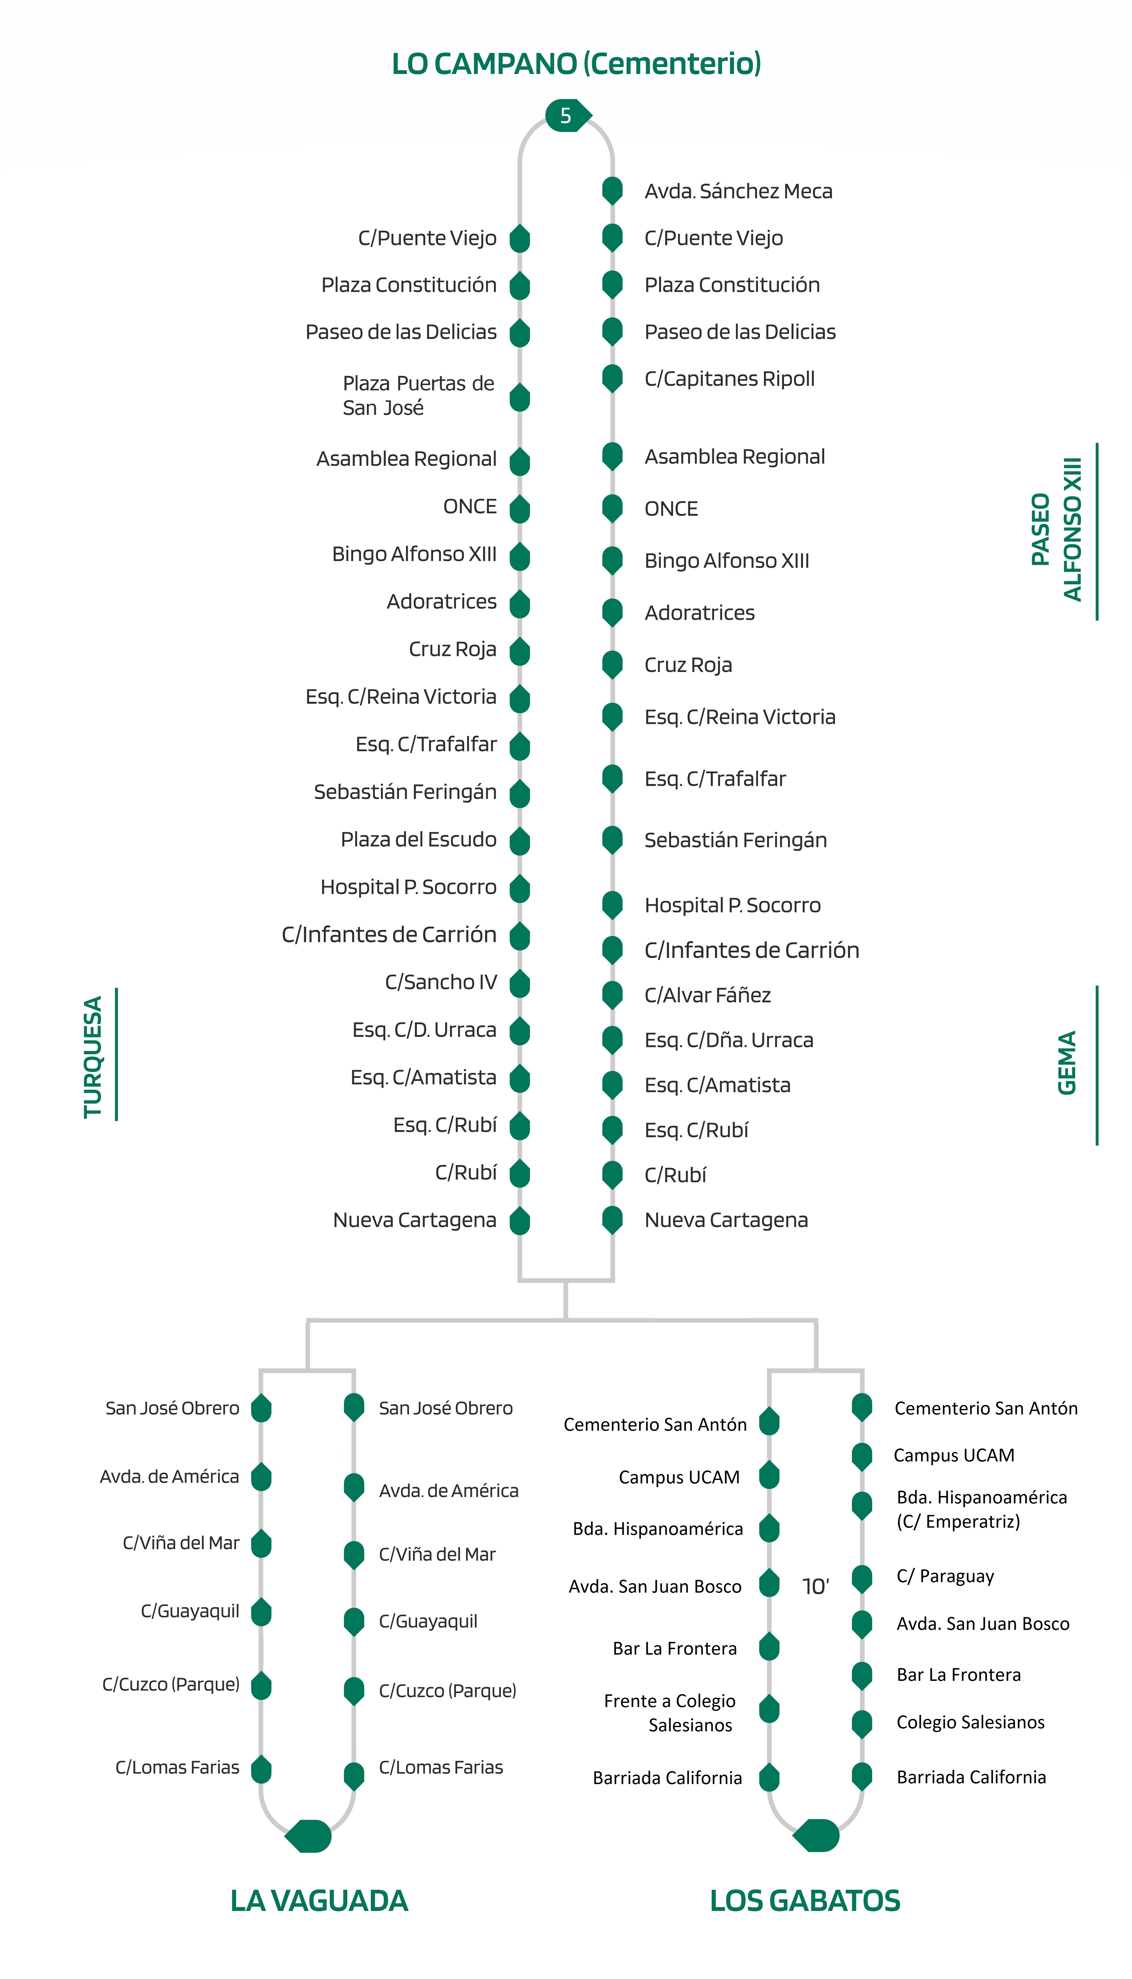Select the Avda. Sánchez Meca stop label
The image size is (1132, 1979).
tap(738, 191)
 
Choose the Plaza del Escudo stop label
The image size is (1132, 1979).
tap(418, 840)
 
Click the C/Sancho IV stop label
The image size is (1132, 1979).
tap(440, 982)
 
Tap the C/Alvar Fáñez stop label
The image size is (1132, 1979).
tap(708, 995)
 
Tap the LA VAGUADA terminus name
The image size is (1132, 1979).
tap(319, 1901)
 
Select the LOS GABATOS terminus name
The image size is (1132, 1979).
tap(805, 1901)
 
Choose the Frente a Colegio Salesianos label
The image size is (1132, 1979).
tap(669, 1713)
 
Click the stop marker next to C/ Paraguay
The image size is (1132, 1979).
tap(861, 1579)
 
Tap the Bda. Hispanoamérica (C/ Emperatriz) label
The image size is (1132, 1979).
tap(981, 1509)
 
